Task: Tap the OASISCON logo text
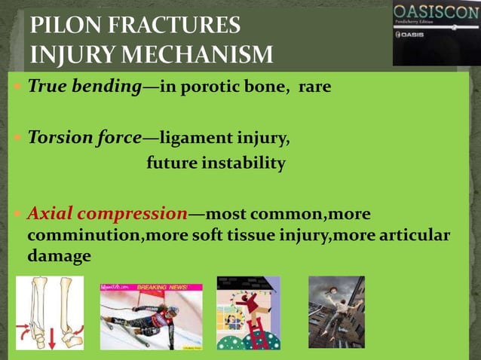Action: [435, 14]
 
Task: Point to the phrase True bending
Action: [84, 87]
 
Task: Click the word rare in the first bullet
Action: [315, 87]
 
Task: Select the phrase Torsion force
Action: [84, 139]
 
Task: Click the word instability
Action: [247, 163]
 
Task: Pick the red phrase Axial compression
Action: [107, 214]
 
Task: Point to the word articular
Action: [412, 236]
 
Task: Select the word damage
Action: [59, 256]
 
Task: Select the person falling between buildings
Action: [339, 301]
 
